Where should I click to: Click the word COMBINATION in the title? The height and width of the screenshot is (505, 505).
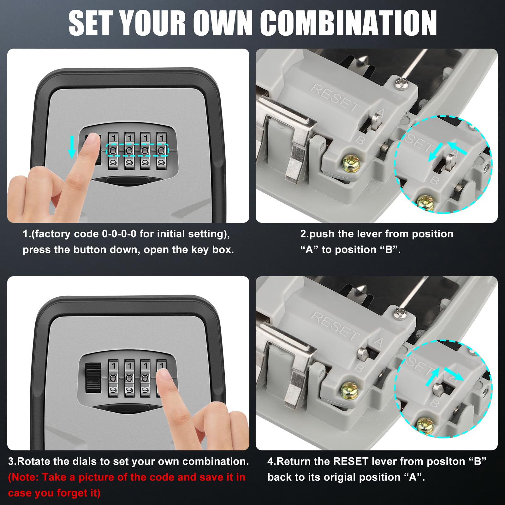348,23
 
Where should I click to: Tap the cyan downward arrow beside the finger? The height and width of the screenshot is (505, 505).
72,147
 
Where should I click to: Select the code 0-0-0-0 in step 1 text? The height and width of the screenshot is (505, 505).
119,234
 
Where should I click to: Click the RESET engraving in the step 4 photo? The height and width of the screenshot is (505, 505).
335,325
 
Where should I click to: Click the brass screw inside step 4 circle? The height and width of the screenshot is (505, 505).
425,425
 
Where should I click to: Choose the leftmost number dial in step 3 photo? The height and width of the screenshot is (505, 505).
113,378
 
